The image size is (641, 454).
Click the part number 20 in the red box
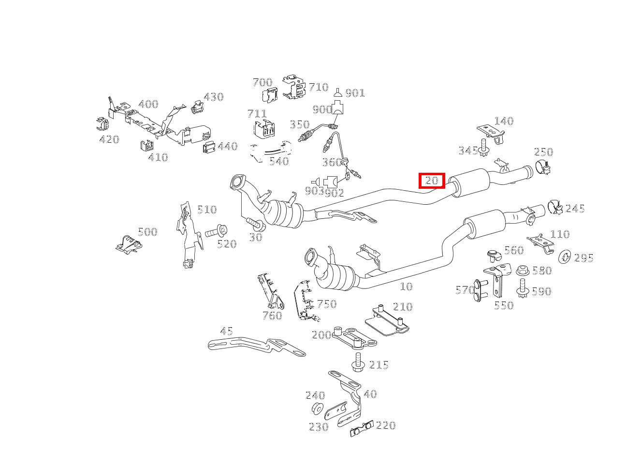click(432, 181)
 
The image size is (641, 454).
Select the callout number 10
click(406, 287)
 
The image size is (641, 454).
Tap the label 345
click(468, 151)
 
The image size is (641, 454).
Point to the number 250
click(543, 152)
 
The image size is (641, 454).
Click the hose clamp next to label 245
click(555, 208)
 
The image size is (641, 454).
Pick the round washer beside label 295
click(565, 257)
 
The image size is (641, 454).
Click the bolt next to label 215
click(358, 363)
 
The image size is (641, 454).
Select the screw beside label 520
click(217, 231)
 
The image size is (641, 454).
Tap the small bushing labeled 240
click(318, 409)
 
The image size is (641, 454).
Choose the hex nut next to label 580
click(523, 271)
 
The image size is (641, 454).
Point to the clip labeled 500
click(129, 244)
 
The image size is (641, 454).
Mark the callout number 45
click(226, 332)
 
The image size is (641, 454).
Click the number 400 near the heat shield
click(148, 104)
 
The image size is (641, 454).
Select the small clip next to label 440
click(209, 147)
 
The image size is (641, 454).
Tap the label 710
click(319, 87)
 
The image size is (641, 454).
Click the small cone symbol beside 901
click(338, 92)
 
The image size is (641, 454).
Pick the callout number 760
click(272, 316)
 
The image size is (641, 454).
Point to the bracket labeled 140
click(491, 134)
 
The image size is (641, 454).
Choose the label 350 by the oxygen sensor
click(300, 124)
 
